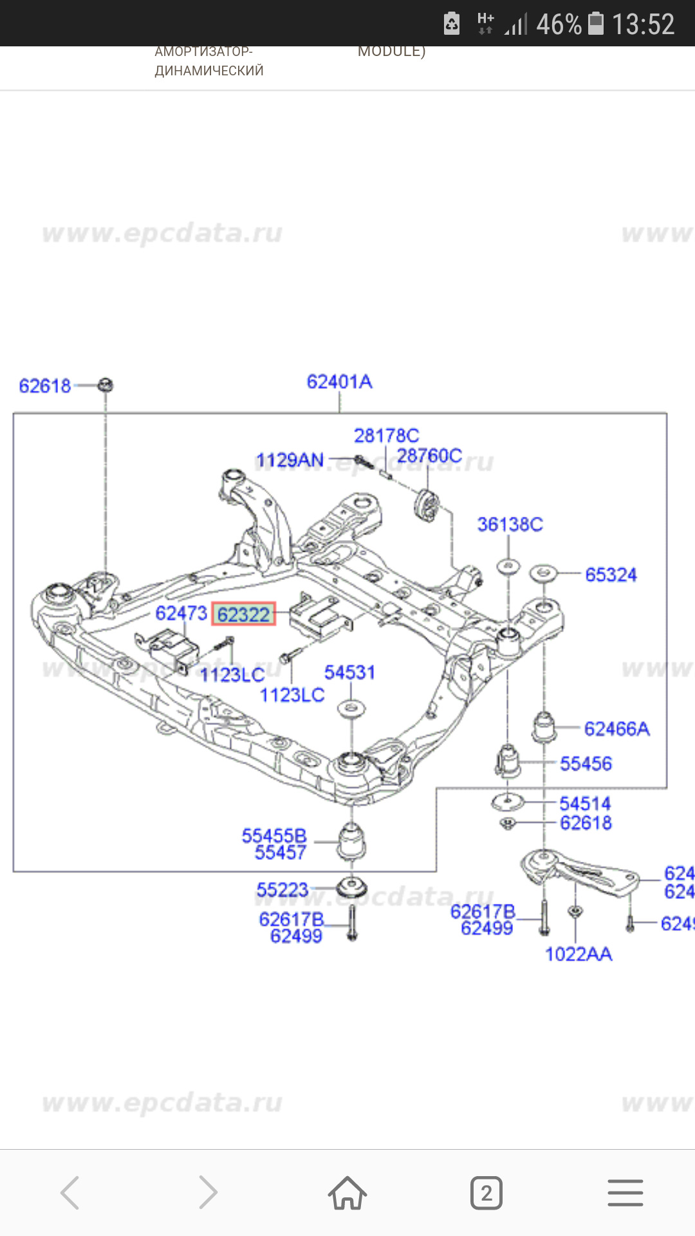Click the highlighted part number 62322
pos(243,615)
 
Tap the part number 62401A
pos(339,382)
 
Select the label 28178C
pos(386,436)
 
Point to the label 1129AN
pos(290,460)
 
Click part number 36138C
pos(510,525)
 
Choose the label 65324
pos(611,575)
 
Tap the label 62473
pos(181,613)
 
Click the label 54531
pos(349,673)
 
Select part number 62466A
pos(616,729)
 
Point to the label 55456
pos(586,764)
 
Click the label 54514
pos(585,803)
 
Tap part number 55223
pos(283,890)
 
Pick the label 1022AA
pos(579,954)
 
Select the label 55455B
pos(274,836)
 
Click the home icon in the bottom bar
pos(347,1193)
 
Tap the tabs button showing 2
pos(486,1193)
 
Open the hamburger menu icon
pos(625,1193)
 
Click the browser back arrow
pos(70,1193)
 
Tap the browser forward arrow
pos(208,1193)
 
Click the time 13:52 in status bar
pos(643,24)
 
